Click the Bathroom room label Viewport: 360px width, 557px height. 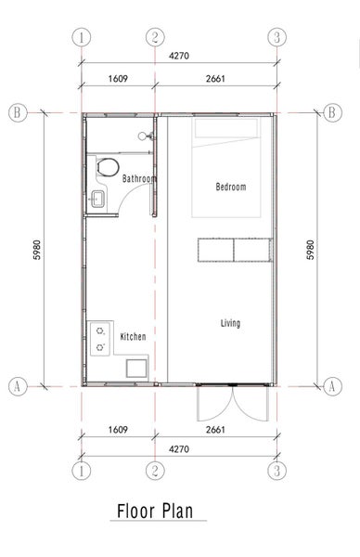click(138, 178)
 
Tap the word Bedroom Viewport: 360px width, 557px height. click(230, 187)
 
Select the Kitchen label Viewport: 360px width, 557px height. click(134, 336)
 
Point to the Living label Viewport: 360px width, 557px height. click(230, 323)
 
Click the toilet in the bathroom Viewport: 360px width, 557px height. click(107, 168)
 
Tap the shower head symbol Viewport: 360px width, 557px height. click(144, 136)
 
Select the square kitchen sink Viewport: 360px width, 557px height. click(135, 366)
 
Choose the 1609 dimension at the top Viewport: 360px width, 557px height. click(119, 79)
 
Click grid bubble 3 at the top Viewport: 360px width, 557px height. click(276, 38)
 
